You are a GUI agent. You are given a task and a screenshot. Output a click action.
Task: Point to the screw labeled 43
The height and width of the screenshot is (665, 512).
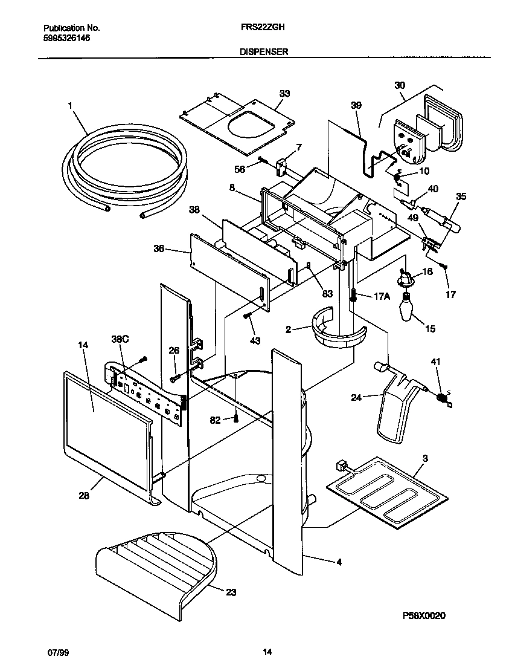[246, 316]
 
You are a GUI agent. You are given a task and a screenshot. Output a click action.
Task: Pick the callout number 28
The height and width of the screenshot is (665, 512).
[83, 496]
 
